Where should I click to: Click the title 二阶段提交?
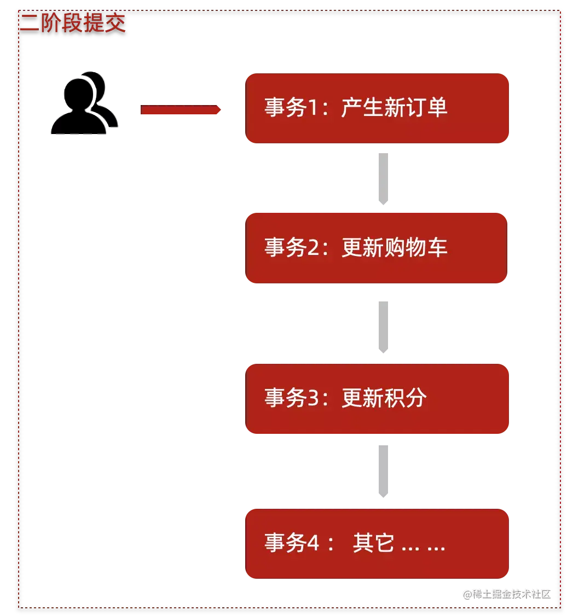pos(73,24)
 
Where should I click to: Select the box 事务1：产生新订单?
pos(378,108)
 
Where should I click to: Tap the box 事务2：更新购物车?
pos(377,248)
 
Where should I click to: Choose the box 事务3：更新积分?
pos(378,399)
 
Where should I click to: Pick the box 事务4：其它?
pos(378,544)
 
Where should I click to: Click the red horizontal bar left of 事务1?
pos(181,111)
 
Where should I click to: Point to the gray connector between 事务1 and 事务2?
pos(383,179)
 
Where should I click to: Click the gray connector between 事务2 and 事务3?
pos(383,326)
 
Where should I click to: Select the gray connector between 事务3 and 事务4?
pos(383,470)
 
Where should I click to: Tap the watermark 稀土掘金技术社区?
pos(506,593)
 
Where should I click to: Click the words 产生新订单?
pos(394,108)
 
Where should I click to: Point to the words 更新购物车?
pos(394,248)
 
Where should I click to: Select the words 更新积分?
pos(384,398)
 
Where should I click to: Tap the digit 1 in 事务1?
pos(314,108)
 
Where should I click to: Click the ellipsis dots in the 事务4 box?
pos(424,547)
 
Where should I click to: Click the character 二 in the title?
pos(28,24)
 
